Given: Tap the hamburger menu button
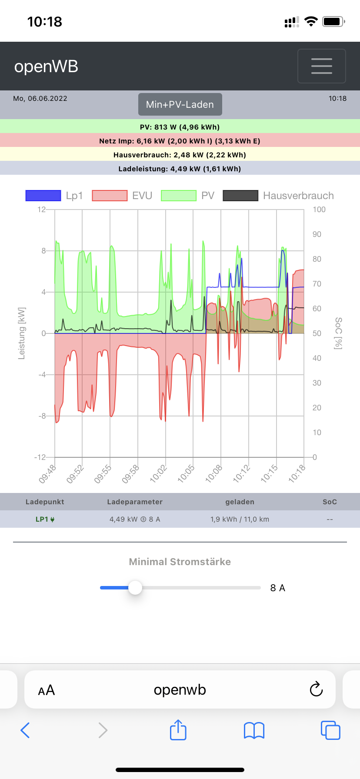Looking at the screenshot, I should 321,66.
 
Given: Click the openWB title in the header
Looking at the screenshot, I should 46,67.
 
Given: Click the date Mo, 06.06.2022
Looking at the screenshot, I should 40,99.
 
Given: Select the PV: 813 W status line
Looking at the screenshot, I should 180,127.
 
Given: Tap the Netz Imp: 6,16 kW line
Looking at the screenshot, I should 180,141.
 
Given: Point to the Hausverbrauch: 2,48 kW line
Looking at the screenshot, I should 180,155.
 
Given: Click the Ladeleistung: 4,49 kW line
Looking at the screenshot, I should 180,169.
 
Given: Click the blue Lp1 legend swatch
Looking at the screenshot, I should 43,196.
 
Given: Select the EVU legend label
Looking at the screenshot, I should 142,196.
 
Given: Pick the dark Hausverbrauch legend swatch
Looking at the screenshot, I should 240,196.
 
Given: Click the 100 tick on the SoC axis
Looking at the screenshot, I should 319,210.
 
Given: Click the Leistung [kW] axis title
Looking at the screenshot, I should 22,333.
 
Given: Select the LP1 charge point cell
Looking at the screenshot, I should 45,519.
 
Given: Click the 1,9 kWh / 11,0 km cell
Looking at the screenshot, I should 240,519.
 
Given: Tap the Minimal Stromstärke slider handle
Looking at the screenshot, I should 135,588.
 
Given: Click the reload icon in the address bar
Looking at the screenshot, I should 316,689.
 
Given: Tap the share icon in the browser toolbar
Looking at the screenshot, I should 178,730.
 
